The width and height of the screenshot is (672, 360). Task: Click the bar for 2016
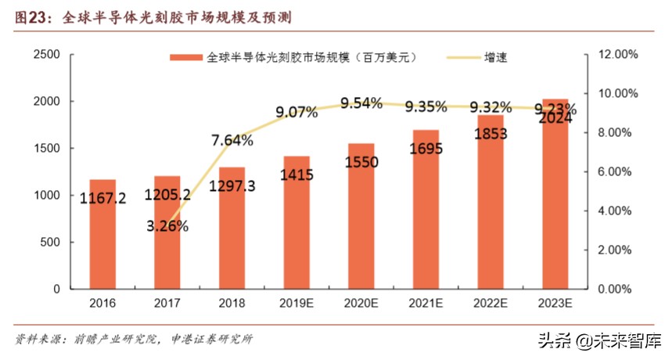tap(102, 235)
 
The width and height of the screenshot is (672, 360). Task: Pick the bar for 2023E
tap(555, 203)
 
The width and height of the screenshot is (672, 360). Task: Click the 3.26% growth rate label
tap(167, 226)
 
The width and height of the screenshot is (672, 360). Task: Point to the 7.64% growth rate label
tap(232, 141)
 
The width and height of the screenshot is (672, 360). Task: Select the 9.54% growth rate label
tap(361, 103)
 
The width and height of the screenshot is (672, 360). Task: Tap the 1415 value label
tap(296, 175)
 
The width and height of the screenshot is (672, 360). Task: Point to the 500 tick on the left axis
tap(52, 242)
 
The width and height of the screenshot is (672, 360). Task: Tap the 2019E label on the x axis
tap(296, 303)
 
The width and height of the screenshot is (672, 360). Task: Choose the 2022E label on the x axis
tap(491, 303)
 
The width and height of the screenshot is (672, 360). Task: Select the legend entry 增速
tap(496, 58)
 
